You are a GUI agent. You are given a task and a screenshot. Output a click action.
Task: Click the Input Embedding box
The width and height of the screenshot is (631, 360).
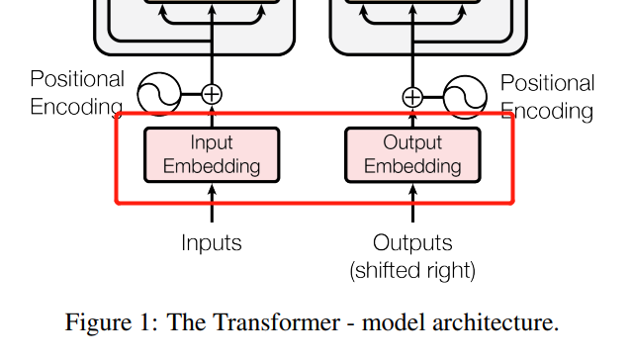(212, 155)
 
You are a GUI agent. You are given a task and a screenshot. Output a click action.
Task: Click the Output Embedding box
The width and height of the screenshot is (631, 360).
(412, 155)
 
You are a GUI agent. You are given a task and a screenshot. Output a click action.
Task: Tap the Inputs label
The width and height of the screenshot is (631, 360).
(212, 243)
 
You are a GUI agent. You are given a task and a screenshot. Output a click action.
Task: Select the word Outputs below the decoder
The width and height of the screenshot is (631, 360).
(412, 243)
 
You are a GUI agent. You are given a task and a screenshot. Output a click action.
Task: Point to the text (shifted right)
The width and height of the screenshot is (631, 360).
(412, 270)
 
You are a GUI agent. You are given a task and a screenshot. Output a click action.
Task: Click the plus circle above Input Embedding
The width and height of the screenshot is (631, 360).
(212, 95)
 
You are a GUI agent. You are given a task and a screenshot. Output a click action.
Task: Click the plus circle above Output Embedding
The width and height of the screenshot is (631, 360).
(412, 97)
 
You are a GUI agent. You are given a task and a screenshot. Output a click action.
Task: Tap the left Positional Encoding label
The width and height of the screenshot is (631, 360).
(77, 93)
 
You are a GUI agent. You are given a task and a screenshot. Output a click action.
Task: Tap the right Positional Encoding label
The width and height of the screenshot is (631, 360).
(547, 97)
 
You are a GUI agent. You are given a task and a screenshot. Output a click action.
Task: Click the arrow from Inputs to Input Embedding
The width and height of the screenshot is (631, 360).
(212, 203)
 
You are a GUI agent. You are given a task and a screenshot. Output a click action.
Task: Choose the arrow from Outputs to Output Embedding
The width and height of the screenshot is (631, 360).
(412, 203)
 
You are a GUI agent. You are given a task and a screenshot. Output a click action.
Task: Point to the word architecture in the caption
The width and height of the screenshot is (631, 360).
(495, 322)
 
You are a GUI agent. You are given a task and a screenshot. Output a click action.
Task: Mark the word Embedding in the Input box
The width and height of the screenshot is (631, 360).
(212, 166)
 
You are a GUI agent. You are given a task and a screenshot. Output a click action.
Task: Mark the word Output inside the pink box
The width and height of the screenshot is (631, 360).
(412, 142)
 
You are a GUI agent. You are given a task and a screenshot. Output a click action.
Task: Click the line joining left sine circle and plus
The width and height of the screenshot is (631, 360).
(192, 95)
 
